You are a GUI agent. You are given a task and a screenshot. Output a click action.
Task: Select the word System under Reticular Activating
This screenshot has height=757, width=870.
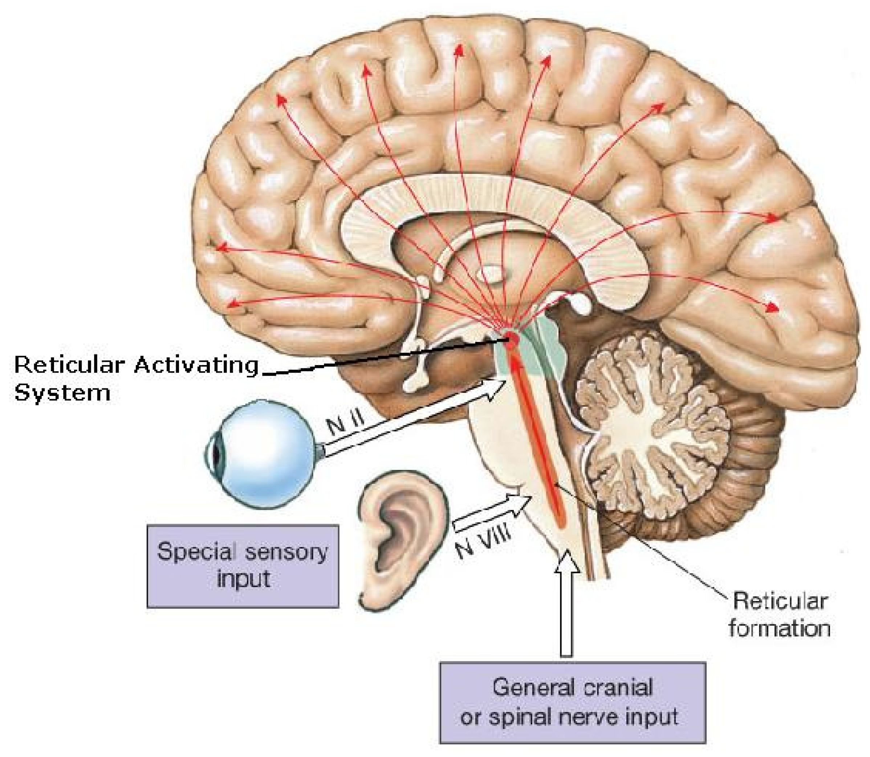[x=62, y=393]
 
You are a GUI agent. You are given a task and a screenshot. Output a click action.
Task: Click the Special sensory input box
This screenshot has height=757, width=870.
[x=243, y=566]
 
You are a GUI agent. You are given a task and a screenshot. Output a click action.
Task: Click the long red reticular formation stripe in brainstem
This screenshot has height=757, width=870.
[x=537, y=439]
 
